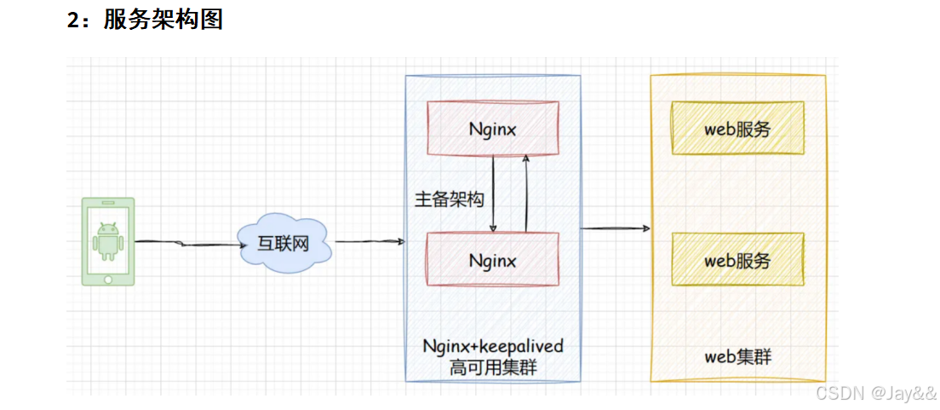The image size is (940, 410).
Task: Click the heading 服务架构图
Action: (163, 19)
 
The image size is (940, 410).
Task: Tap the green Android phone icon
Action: (107, 241)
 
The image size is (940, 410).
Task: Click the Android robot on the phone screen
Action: (107, 240)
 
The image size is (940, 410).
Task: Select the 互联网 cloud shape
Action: (284, 245)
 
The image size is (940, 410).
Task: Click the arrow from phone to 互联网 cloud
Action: (187, 244)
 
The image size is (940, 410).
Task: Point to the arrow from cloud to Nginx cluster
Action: (369, 242)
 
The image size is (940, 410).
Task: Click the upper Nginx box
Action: (493, 129)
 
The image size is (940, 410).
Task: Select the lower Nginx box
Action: (493, 260)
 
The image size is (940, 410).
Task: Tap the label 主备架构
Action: (449, 199)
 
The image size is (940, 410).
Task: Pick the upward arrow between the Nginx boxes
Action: (526, 194)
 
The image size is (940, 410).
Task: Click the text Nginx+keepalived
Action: (493, 347)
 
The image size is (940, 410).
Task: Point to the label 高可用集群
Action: (493, 367)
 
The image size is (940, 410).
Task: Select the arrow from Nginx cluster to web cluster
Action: (615, 228)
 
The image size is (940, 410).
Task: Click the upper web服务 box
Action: (737, 129)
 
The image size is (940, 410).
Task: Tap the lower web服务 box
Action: (737, 260)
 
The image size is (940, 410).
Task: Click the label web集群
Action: (737, 356)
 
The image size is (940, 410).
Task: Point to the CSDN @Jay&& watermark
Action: (875, 393)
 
